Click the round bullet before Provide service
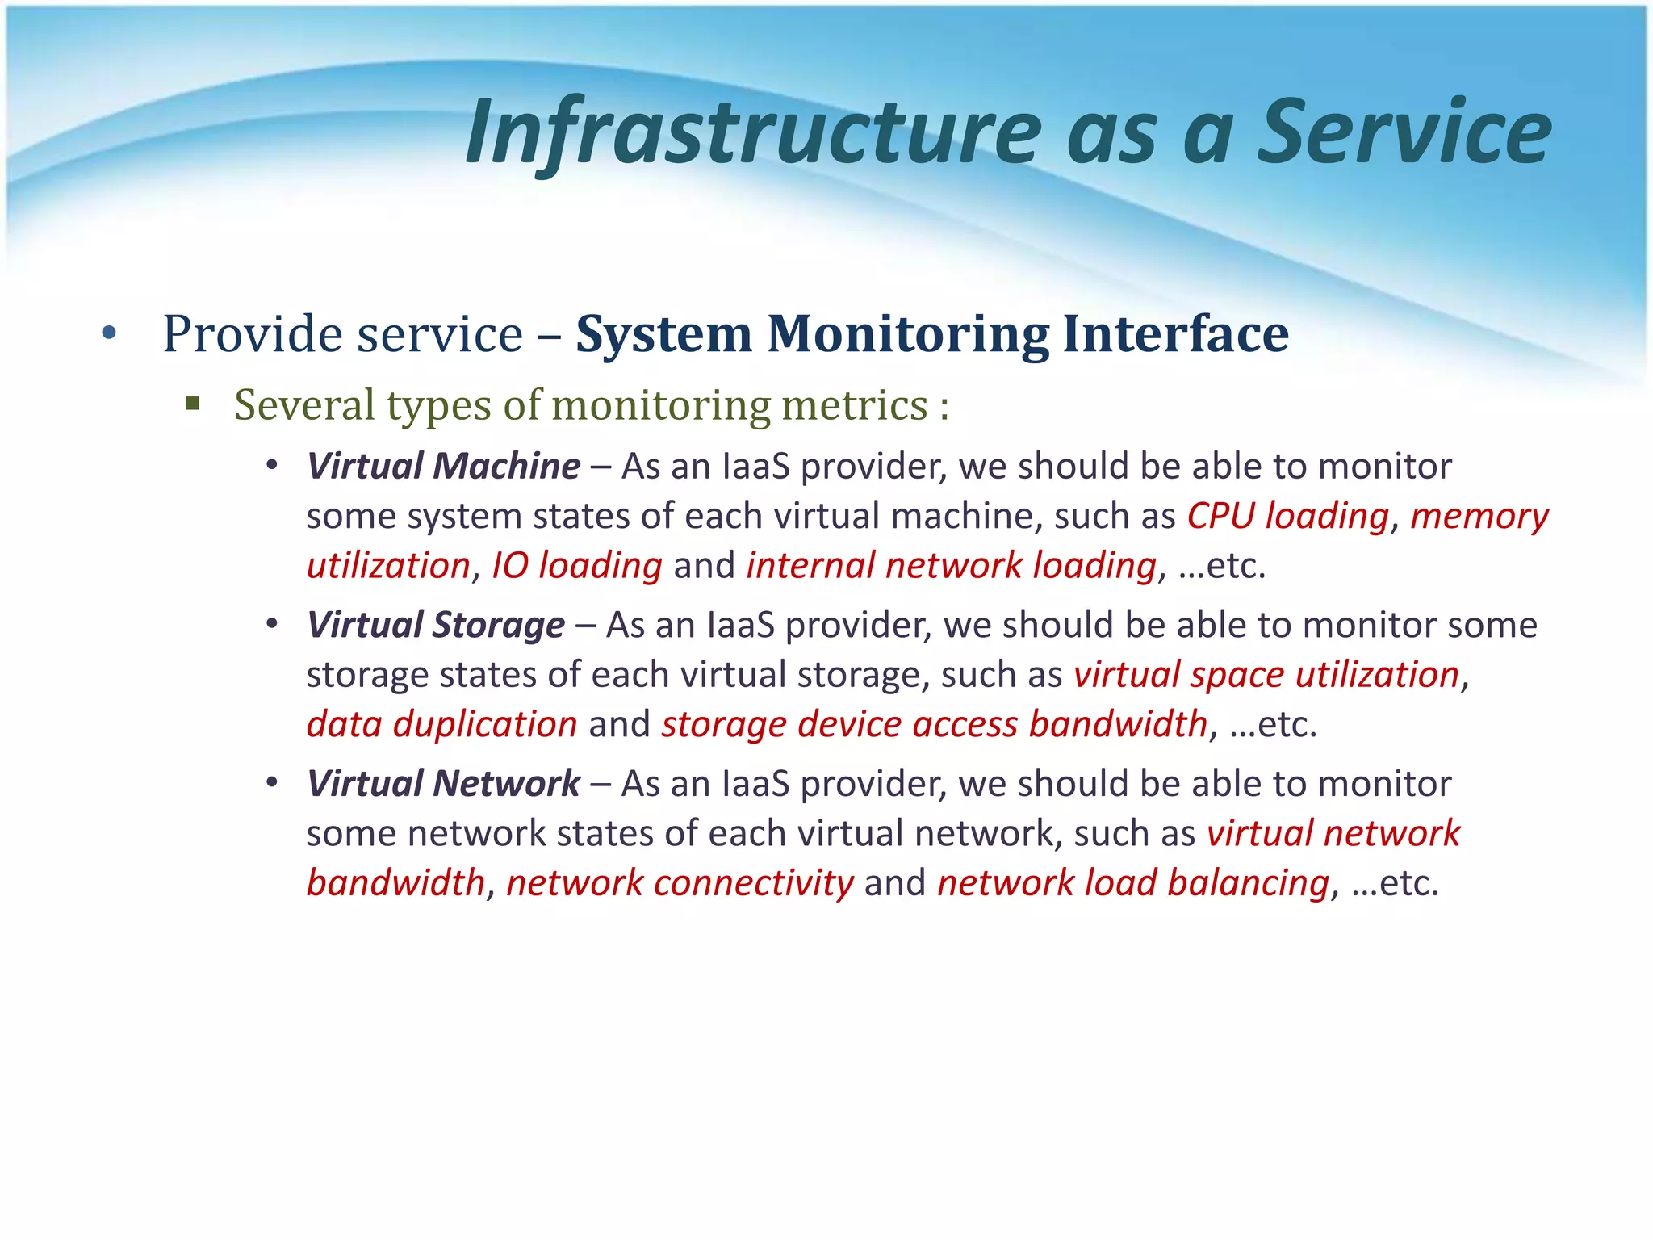(110, 333)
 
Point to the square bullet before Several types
(192, 403)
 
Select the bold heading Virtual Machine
(443, 467)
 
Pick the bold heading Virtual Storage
(436, 625)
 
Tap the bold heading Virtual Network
(443, 784)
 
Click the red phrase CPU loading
(1287, 516)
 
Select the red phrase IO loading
(576, 565)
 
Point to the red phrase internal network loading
(951, 565)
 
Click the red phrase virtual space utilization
(1266, 674)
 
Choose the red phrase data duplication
(441, 724)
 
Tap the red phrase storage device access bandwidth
(934, 724)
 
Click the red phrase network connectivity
(679, 882)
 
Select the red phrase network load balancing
(1132, 882)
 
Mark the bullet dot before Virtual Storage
(273, 624)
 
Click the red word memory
(1479, 516)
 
